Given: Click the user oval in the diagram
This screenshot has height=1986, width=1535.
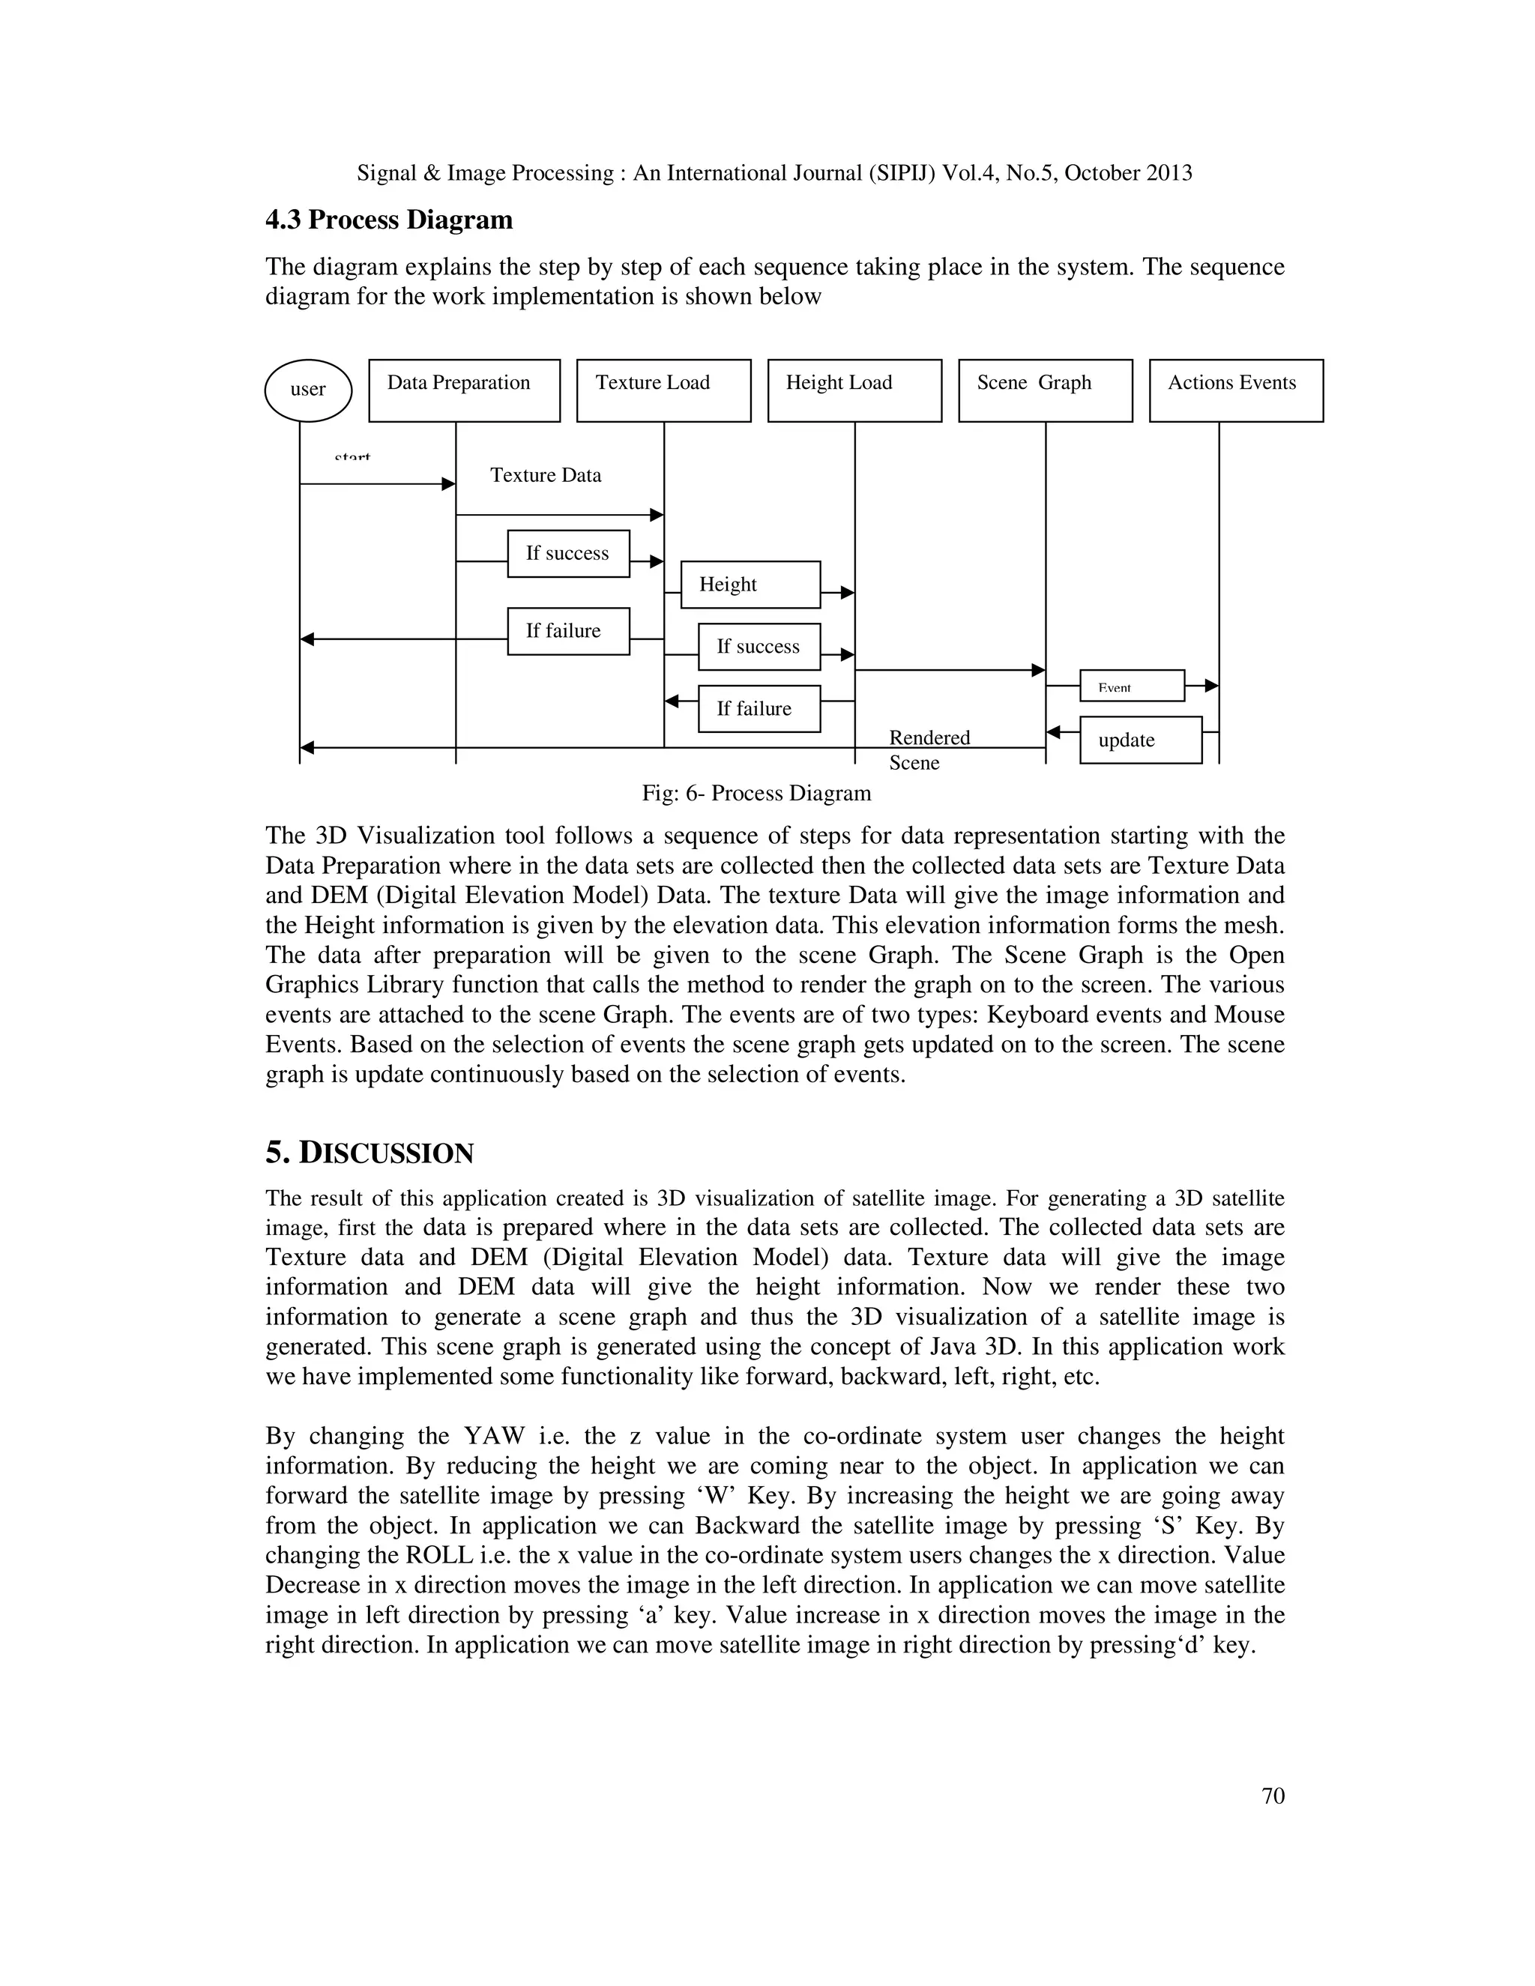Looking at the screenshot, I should (x=307, y=390).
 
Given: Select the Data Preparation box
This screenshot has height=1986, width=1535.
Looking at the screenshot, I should (x=464, y=390).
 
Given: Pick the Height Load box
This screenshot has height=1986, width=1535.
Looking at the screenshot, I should (x=854, y=390).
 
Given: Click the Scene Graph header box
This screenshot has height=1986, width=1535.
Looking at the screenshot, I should (x=1045, y=390).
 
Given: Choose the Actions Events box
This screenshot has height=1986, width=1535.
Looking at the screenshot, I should (x=1236, y=390).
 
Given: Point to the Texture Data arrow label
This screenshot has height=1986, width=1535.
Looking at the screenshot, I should (x=546, y=474).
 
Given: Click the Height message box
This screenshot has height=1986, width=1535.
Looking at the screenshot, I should (x=750, y=585).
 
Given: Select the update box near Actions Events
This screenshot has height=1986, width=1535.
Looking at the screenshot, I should (x=1140, y=740).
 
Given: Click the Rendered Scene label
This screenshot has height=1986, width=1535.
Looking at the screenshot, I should (x=929, y=749).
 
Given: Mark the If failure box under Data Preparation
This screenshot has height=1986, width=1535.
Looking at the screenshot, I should (x=567, y=631).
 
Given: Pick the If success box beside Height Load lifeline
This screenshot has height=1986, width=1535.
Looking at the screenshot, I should (x=759, y=647).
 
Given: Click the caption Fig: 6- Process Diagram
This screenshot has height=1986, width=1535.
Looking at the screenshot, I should (x=756, y=793).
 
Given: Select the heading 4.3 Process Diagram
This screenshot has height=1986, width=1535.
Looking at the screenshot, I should (x=388, y=220).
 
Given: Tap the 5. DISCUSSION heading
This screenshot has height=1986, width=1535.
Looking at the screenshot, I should (x=370, y=1153).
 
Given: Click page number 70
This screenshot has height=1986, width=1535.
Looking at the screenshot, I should (x=1273, y=1796).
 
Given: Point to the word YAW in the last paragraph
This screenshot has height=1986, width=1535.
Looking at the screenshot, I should (x=495, y=1436).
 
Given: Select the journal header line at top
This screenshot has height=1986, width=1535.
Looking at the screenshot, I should (x=773, y=173).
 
